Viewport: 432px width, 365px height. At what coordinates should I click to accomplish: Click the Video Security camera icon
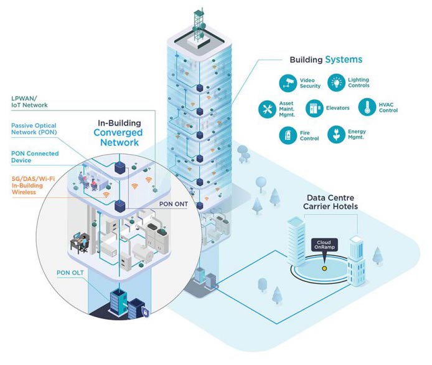[x=288, y=82]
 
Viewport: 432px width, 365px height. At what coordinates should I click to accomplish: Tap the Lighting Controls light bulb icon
[x=336, y=82]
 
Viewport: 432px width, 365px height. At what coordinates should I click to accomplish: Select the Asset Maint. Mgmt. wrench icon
[x=267, y=109]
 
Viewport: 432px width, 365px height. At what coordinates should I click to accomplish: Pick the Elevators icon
[x=314, y=108]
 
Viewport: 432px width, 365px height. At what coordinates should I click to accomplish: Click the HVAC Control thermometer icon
[x=367, y=107]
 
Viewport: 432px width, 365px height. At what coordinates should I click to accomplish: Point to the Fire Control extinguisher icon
[x=288, y=135]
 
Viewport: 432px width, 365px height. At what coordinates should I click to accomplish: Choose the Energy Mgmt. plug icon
[x=336, y=135]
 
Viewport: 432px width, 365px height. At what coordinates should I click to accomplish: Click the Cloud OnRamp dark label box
[x=324, y=245]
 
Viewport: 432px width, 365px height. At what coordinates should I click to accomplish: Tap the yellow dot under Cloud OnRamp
[x=324, y=268]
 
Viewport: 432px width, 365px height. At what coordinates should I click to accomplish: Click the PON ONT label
[x=174, y=204]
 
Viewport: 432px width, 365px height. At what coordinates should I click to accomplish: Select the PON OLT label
[x=70, y=273]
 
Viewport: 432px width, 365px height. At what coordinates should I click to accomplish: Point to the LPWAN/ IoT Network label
[x=29, y=102]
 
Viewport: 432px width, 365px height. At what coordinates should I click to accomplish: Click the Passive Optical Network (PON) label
[x=34, y=129]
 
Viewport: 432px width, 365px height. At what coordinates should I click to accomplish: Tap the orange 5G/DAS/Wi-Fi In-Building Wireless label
[x=33, y=185]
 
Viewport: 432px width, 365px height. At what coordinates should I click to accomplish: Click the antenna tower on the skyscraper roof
[x=199, y=26]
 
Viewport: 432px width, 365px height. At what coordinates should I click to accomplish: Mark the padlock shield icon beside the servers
[x=145, y=312]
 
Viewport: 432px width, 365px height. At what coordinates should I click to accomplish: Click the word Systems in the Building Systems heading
[x=344, y=60]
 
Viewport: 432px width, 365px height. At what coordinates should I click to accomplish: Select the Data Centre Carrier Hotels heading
[x=331, y=202]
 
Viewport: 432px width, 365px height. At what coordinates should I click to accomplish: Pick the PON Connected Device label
[x=35, y=157]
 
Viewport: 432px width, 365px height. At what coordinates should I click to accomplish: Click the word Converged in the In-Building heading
[x=118, y=132]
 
